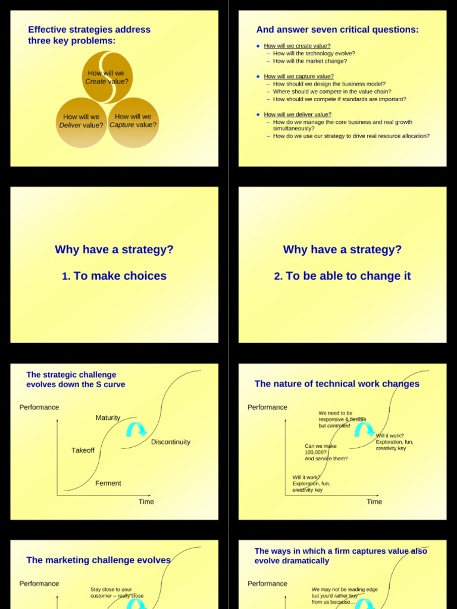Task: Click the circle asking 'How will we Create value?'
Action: (x=107, y=77)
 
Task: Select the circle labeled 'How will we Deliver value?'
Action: (x=82, y=122)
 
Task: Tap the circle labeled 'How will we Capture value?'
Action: (x=133, y=122)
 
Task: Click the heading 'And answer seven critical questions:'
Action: (x=337, y=30)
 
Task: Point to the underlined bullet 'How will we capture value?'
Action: (x=299, y=76)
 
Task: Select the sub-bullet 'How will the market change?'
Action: (x=309, y=61)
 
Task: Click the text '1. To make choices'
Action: (x=114, y=276)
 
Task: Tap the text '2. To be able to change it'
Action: (x=342, y=276)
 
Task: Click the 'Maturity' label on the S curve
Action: (x=108, y=417)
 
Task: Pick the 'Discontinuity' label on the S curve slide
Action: (x=171, y=442)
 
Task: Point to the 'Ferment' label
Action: (x=108, y=484)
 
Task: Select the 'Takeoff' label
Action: (x=83, y=450)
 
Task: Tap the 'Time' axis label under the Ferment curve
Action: (x=146, y=502)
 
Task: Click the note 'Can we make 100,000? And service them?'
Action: (x=326, y=452)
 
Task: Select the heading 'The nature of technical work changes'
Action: (x=337, y=384)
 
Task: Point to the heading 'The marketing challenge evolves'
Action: (x=98, y=560)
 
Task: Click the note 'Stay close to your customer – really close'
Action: (x=117, y=592)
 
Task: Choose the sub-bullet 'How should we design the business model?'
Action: (x=329, y=84)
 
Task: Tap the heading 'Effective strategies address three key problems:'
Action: (x=89, y=35)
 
